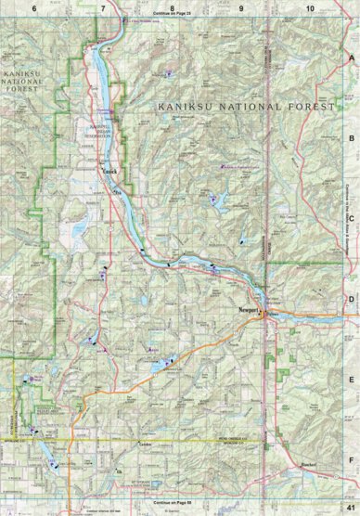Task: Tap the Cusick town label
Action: click(x=109, y=170)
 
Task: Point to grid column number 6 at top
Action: click(x=34, y=6)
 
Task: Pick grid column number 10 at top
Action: click(x=309, y=6)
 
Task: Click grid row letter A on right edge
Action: click(x=351, y=57)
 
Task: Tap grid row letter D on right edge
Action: click(x=351, y=299)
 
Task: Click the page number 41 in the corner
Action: click(x=349, y=507)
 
